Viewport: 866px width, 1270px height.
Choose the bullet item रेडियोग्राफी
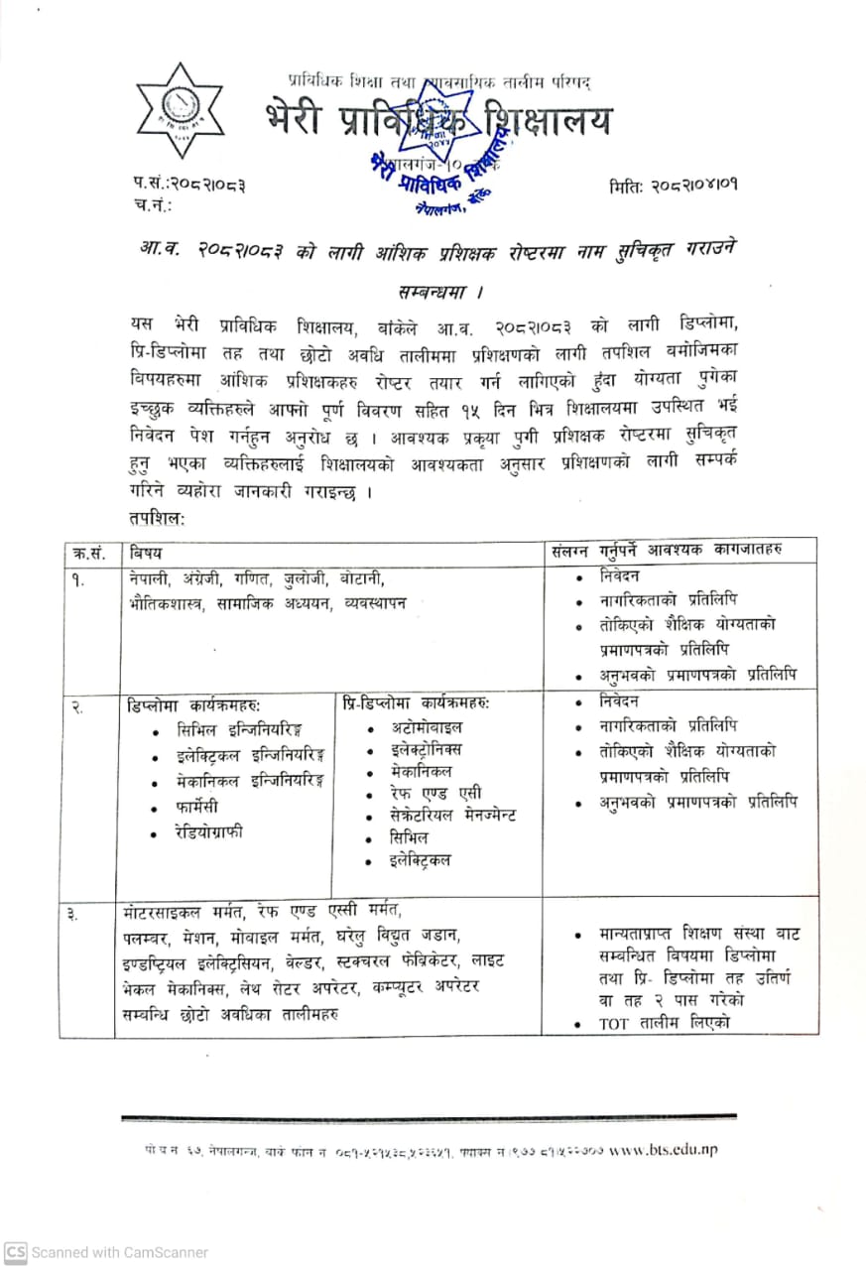(x=209, y=831)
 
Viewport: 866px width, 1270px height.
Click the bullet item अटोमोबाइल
(x=424, y=726)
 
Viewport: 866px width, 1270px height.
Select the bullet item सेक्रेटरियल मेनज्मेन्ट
(x=452, y=815)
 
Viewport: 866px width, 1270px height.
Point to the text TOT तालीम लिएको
(x=665, y=1023)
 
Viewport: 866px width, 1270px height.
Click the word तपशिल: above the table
(x=157, y=517)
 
